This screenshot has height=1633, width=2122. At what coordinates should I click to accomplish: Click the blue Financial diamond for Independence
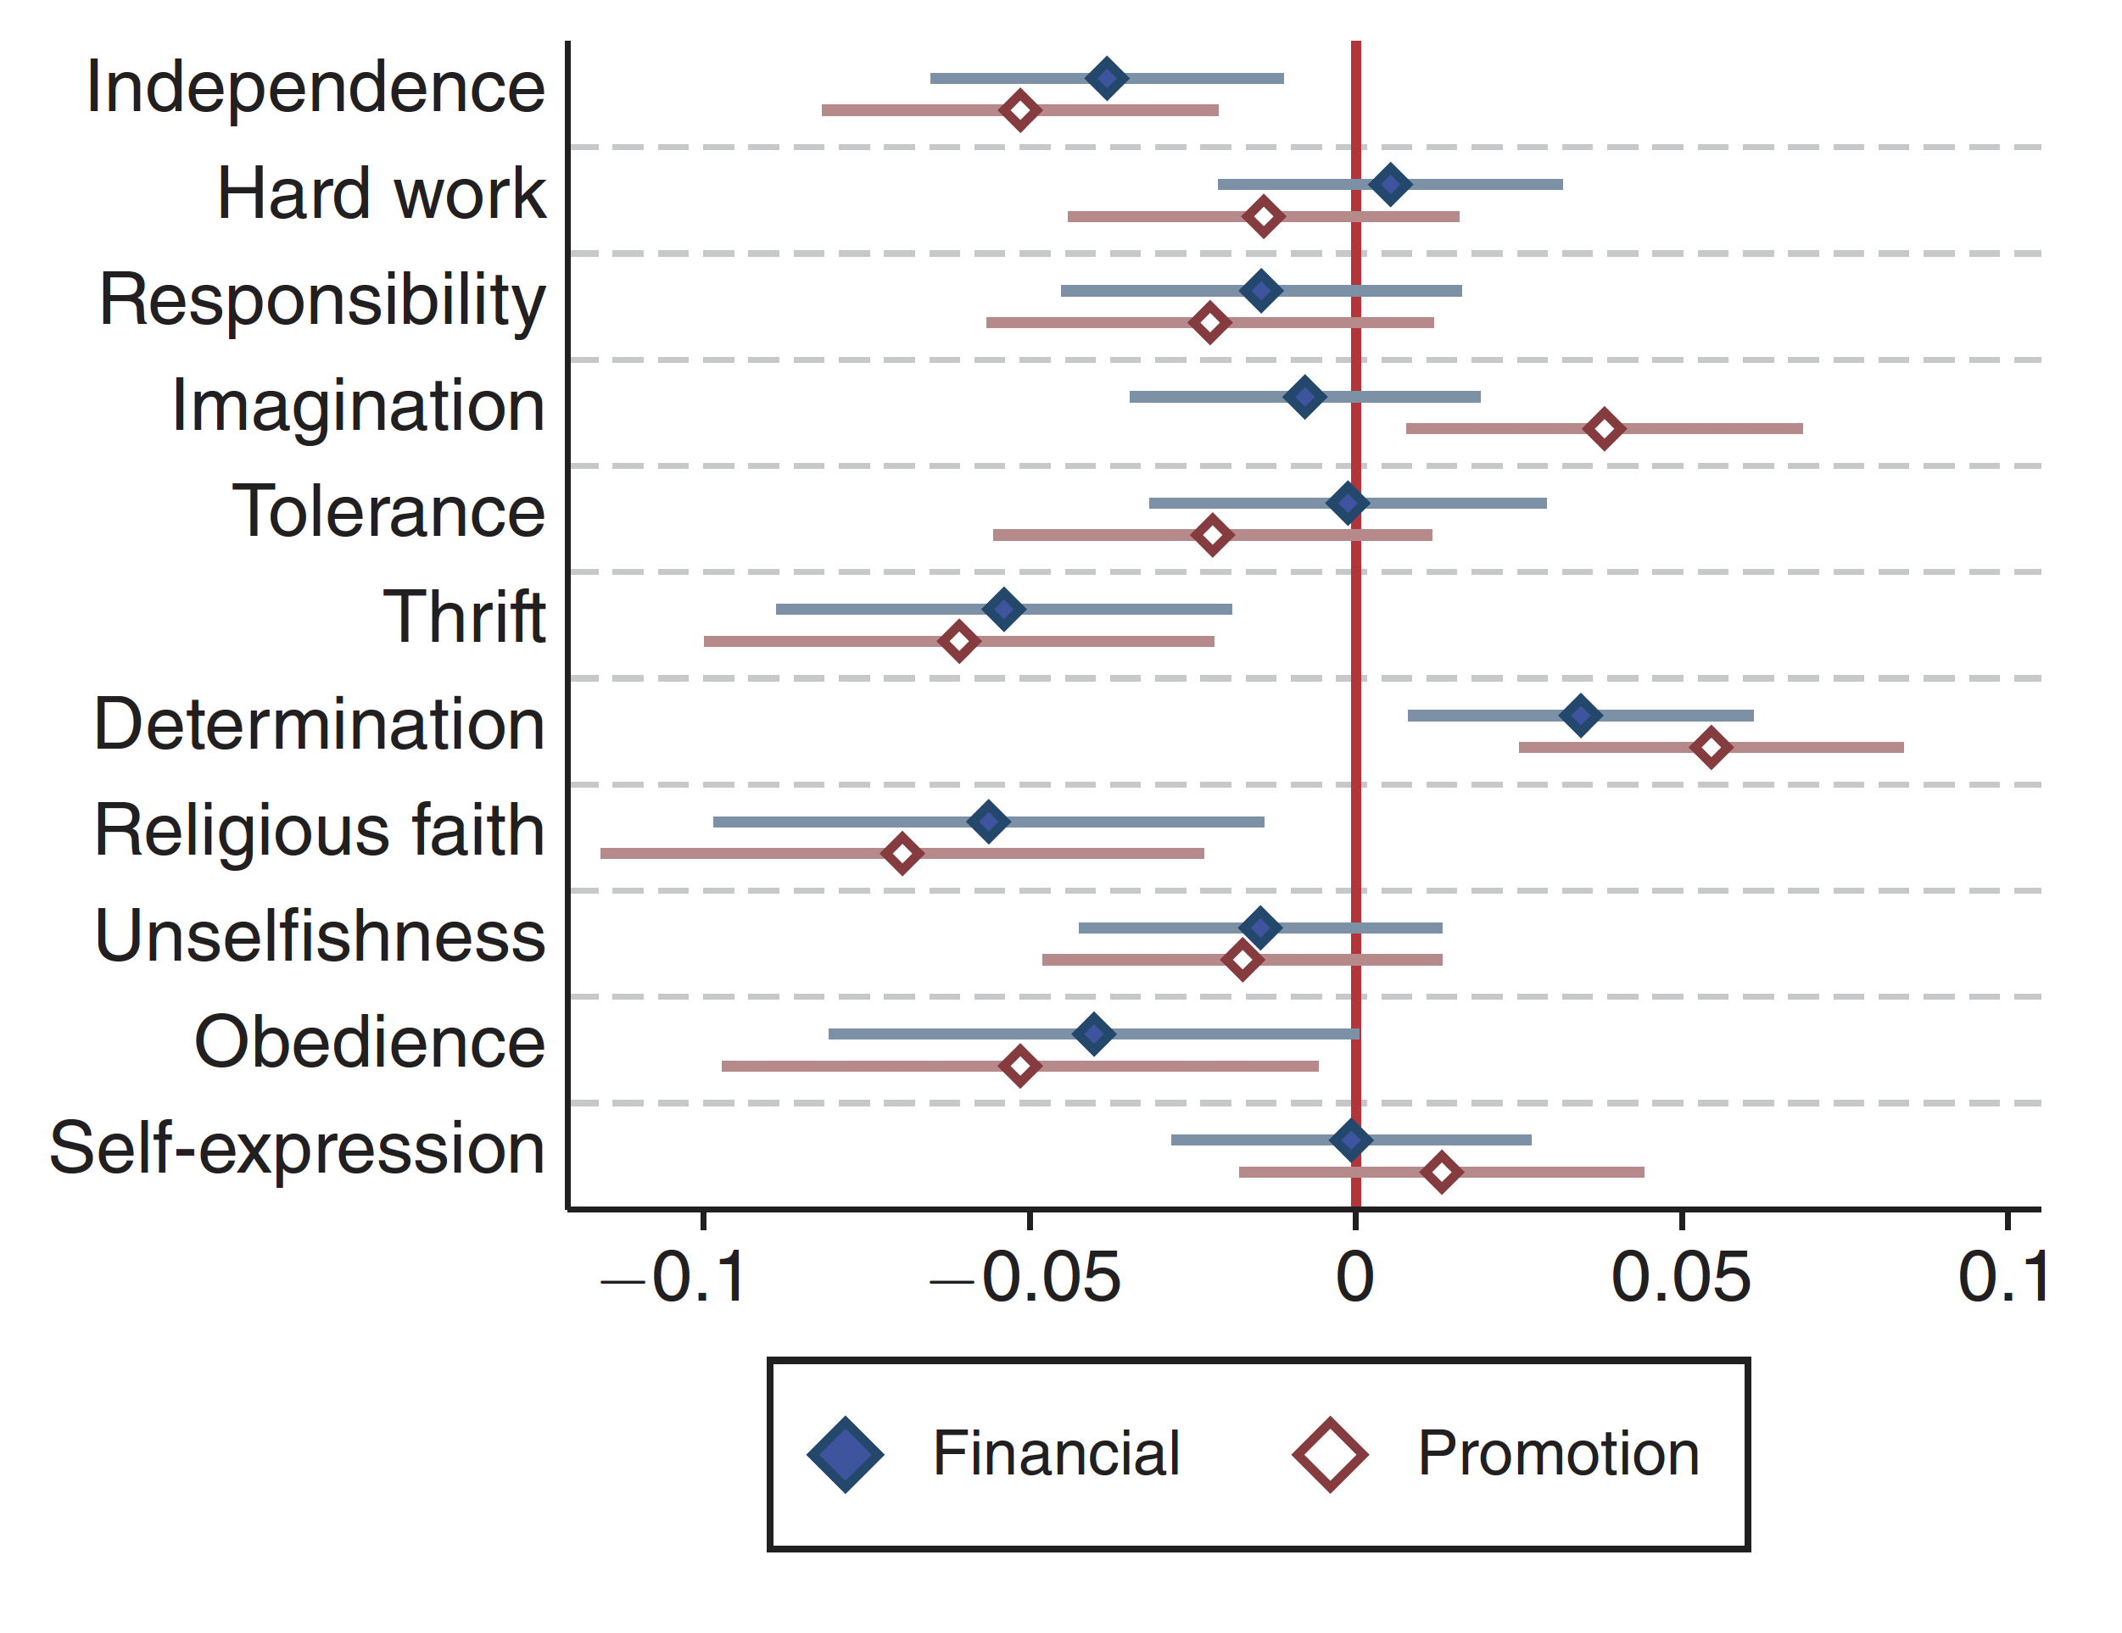click(x=1107, y=79)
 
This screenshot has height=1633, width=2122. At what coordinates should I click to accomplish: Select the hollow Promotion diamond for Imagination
click(x=1604, y=428)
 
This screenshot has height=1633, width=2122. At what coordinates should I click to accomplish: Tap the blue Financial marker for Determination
click(x=1581, y=716)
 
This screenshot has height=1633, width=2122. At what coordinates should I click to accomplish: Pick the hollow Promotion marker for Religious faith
click(x=902, y=854)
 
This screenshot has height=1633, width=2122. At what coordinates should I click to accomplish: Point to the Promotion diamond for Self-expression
click(x=1442, y=1173)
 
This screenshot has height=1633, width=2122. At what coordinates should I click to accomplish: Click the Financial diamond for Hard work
click(x=1390, y=185)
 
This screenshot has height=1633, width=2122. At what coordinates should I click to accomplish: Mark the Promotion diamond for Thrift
click(x=959, y=641)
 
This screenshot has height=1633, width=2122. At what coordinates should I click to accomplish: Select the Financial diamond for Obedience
click(x=1094, y=1034)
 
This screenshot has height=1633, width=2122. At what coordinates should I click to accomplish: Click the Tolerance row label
click(x=388, y=511)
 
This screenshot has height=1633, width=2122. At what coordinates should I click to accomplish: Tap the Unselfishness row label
click(x=320, y=936)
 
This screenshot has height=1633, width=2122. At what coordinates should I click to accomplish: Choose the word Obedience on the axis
click(x=369, y=1042)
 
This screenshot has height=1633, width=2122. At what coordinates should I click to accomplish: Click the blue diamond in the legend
click(x=846, y=1454)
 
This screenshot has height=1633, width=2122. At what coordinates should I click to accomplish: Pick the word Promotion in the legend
click(x=1557, y=1454)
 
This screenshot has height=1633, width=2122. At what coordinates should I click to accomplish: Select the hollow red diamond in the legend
click(x=1329, y=1454)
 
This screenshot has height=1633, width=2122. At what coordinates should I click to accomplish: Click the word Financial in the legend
click(x=1056, y=1454)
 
